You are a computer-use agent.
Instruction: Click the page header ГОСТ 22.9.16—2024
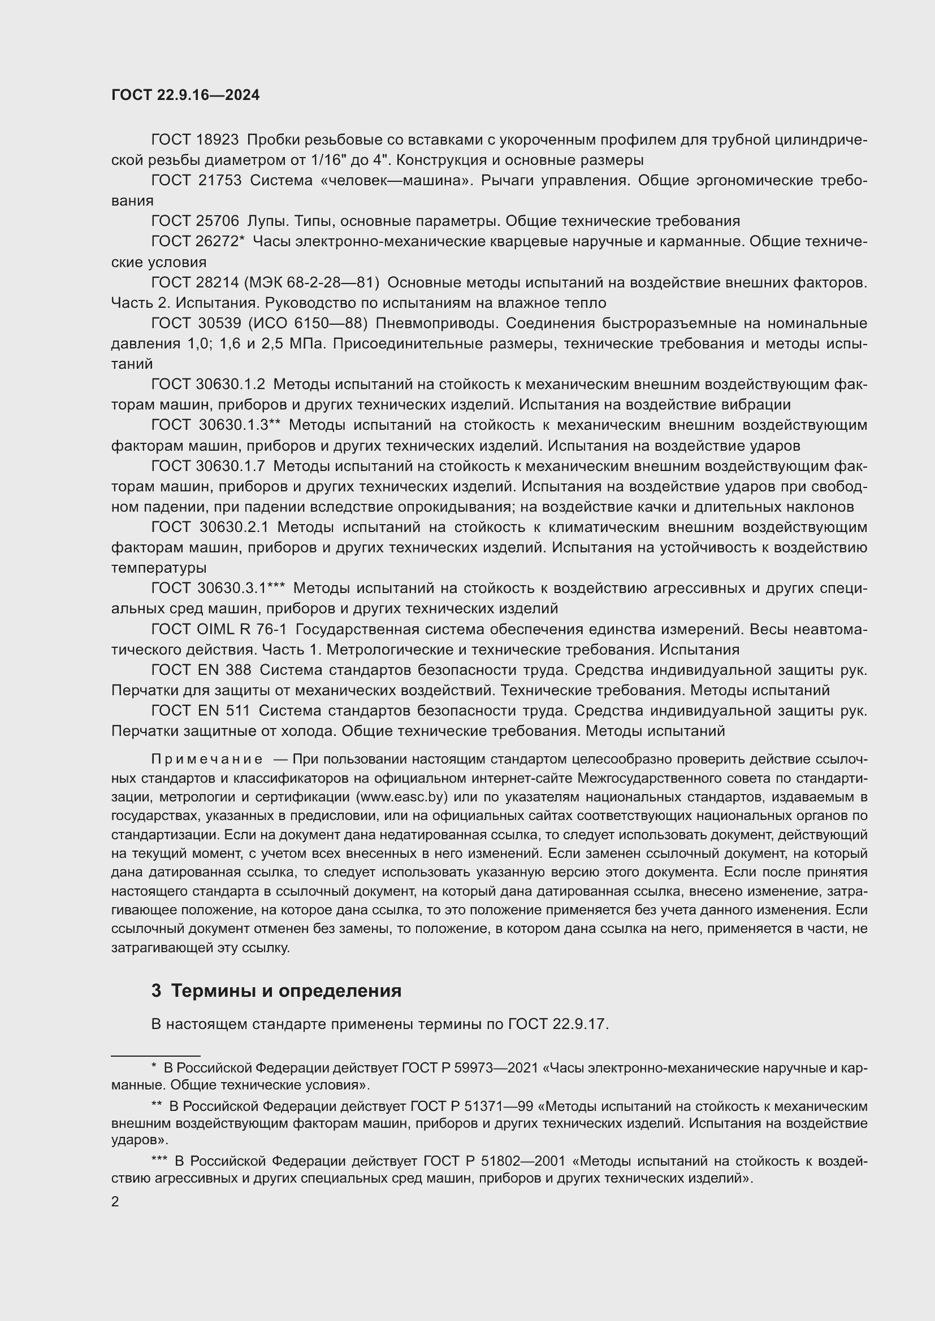[x=185, y=95]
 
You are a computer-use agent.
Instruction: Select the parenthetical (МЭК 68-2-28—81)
[x=312, y=282]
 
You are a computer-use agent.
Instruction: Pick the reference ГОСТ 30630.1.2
[x=208, y=385]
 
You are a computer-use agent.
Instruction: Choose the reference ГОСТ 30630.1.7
[x=208, y=466]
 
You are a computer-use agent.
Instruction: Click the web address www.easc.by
[x=401, y=797]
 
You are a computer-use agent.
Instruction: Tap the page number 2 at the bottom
[x=115, y=1201]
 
